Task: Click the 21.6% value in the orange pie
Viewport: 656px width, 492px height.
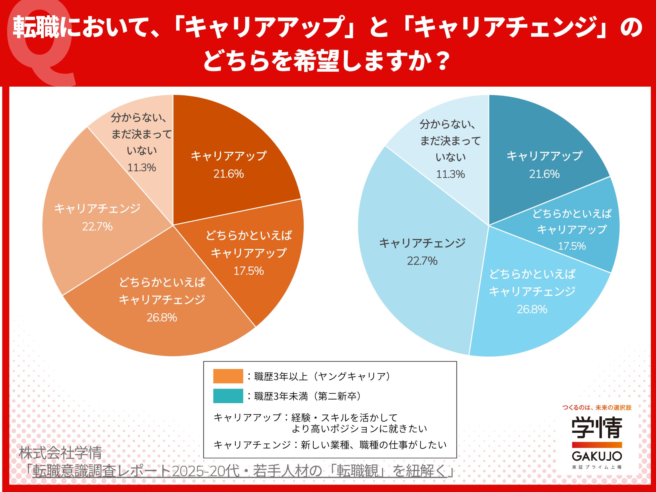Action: (228, 174)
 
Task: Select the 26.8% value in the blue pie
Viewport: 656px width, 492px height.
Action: (532, 309)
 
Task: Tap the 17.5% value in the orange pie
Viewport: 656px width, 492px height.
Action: (249, 271)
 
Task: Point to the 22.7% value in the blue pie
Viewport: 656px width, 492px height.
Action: (422, 261)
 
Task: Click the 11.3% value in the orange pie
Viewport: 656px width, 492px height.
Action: (141, 168)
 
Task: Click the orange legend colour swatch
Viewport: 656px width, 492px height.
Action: (228, 376)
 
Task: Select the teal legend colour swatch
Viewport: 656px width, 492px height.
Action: (228, 396)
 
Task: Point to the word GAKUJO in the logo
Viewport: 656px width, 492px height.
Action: (597, 456)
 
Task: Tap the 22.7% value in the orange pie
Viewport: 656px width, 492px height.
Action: (97, 227)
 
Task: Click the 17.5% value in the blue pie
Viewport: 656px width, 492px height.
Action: (572, 246)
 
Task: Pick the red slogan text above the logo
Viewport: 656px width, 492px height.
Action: (597, 407)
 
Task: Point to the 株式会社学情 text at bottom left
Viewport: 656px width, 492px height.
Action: (60, 453)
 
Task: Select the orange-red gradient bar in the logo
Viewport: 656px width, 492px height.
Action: (597, 445)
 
